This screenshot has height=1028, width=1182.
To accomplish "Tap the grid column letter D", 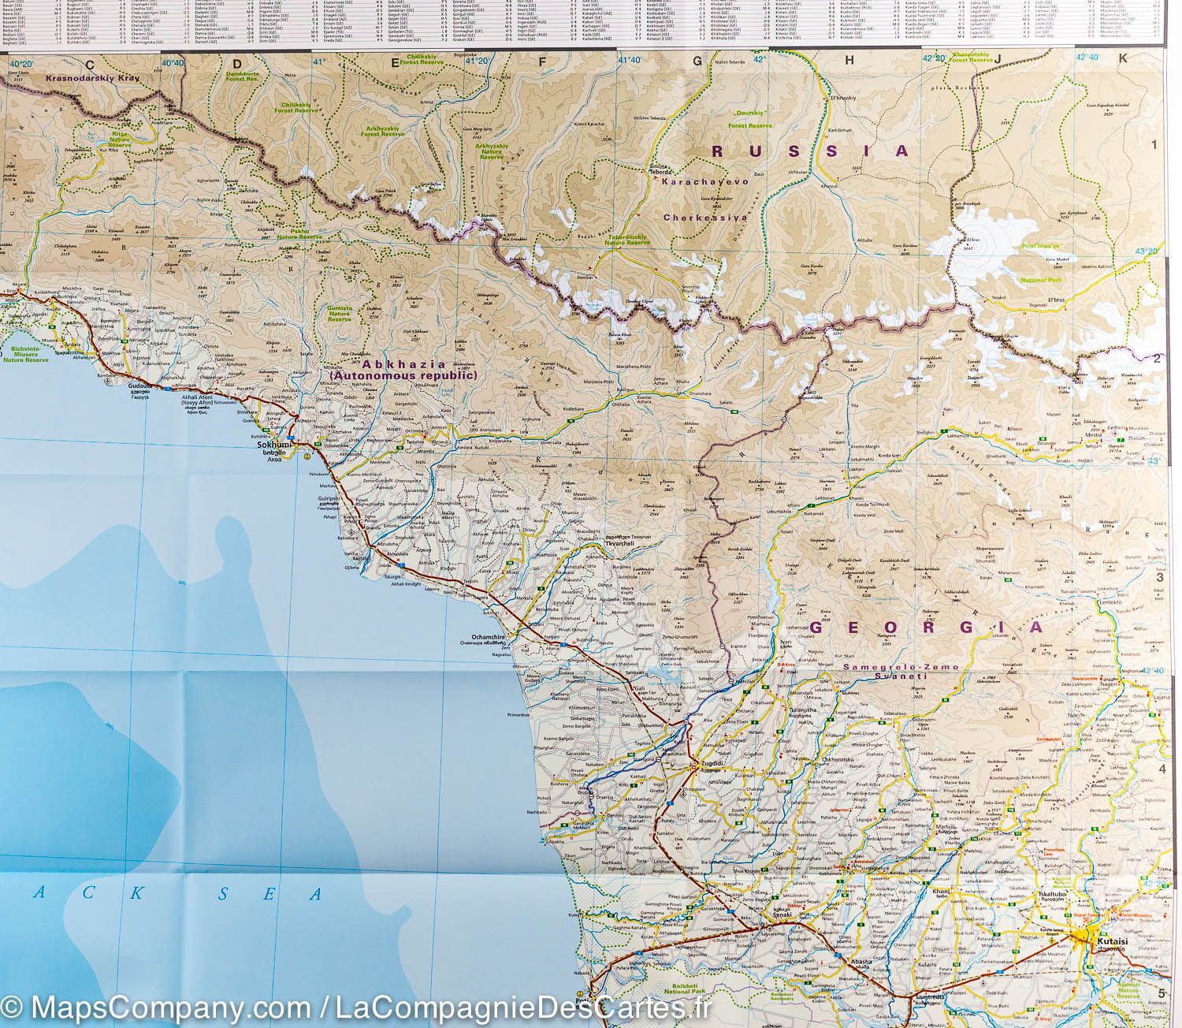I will click(235, 65).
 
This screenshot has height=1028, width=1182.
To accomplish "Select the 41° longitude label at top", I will click(318, 61).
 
